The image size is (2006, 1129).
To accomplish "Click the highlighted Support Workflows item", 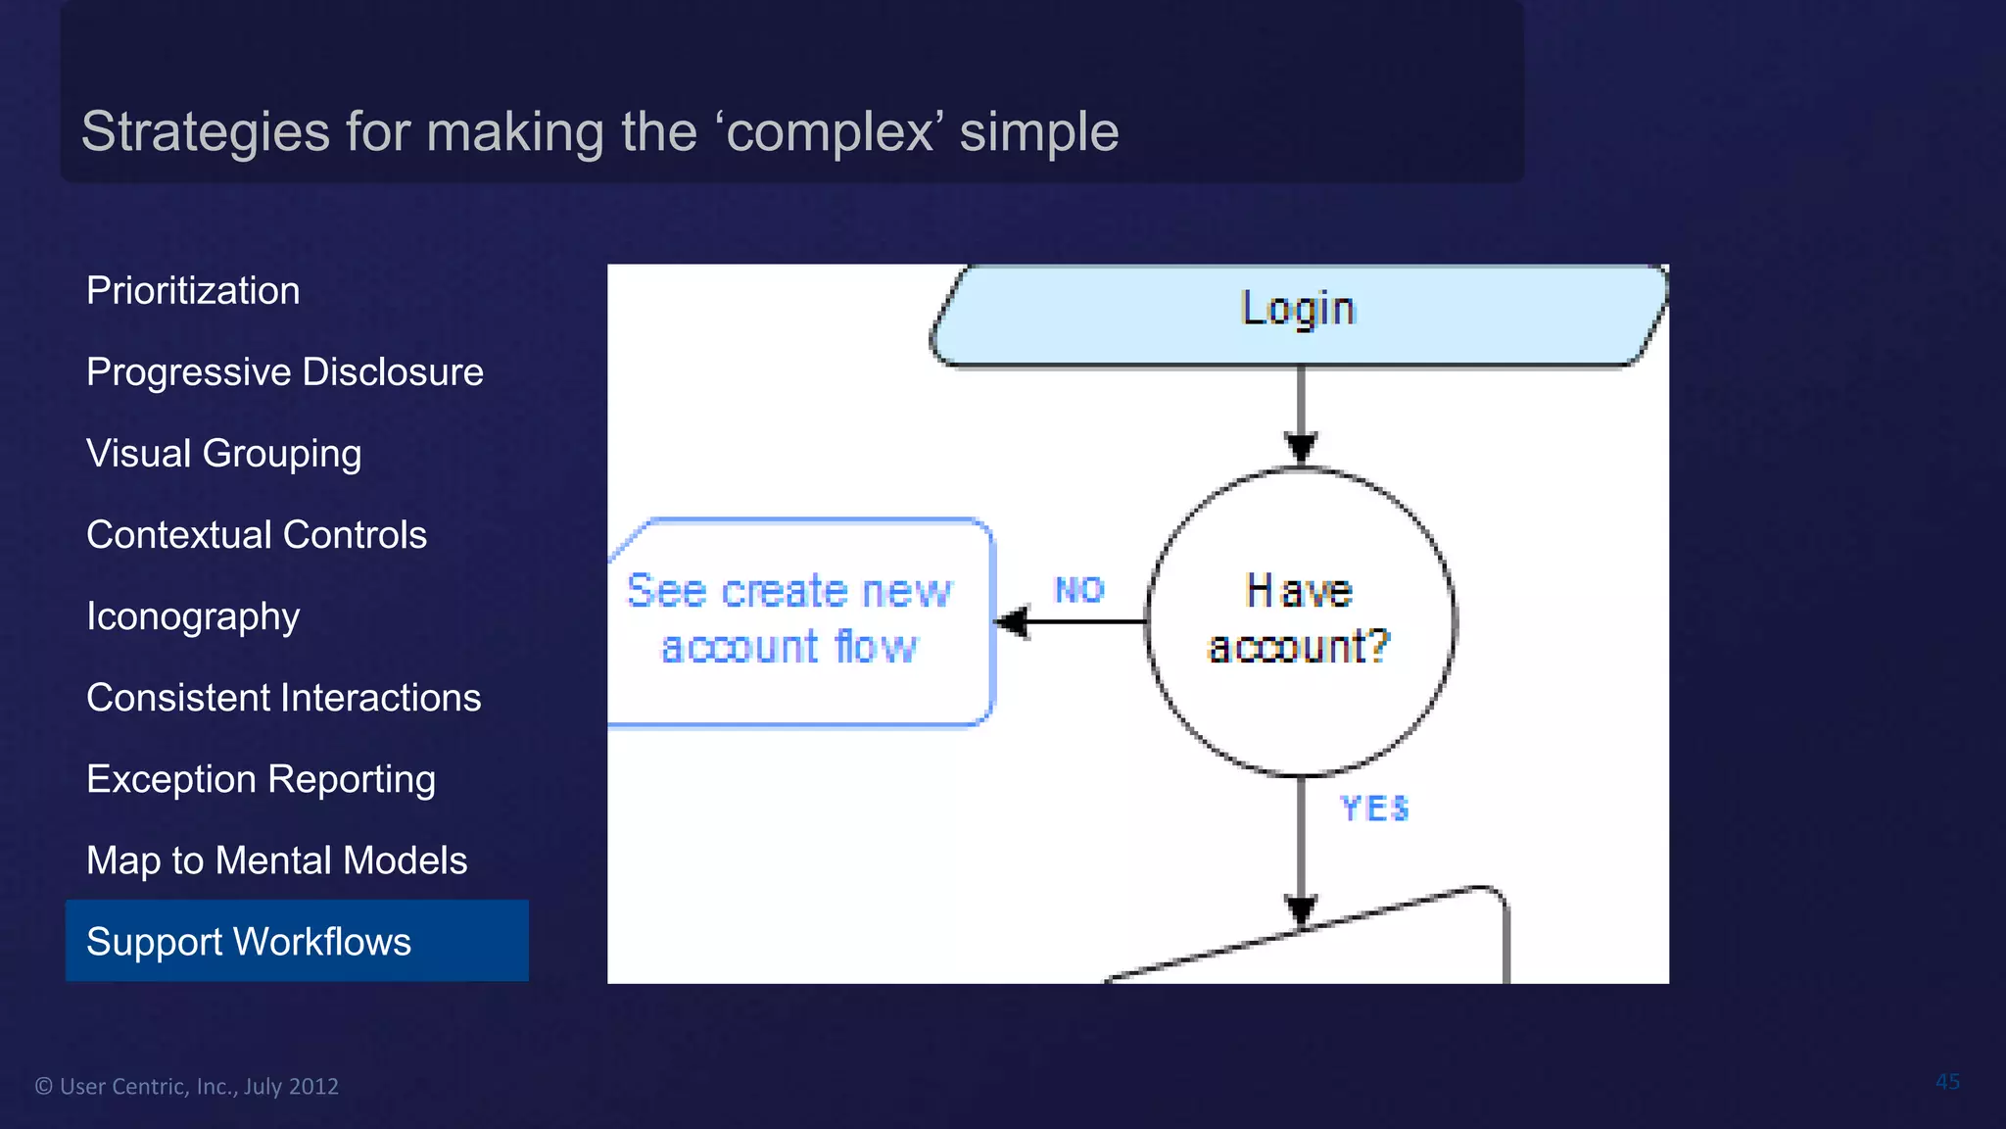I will coord(297,941).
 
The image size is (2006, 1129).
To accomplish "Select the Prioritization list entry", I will coord(193,291).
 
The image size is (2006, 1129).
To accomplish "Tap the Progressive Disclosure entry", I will coord(284,372).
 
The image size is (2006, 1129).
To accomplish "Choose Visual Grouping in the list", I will coord(223,454).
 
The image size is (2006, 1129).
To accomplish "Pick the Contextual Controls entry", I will coord(257,535).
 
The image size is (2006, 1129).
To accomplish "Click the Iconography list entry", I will coord(193,616).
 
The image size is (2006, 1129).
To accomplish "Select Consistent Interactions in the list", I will coord(283,698).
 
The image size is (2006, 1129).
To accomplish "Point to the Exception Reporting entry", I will coord(261,779).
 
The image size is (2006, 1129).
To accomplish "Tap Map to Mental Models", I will coord(276,860).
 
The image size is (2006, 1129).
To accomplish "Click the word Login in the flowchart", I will coord(1298,309).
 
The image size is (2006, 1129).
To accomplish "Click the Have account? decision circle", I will coord(1300,621).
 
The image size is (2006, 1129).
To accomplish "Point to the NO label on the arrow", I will coord(1079,590).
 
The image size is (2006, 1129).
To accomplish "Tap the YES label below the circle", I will coord(1374,809).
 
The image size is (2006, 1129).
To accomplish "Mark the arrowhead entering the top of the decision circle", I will coord(1301,448).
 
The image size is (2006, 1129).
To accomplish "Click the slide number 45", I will coord(1947,1082).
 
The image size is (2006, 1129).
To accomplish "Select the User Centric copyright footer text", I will coord(187,1086).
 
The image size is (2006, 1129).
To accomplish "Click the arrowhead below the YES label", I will coord(1301,909).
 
